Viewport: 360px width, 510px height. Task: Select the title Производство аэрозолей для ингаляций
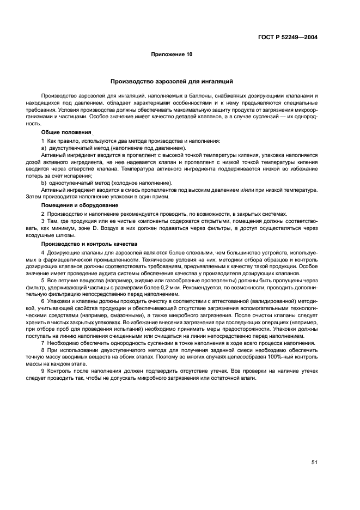(172, 81)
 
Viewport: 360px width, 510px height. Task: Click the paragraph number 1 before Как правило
(42, 141)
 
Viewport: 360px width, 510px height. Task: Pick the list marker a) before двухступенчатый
(44, 148)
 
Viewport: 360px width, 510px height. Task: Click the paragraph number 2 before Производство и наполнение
(42, 214)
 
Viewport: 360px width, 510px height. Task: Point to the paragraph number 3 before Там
(42, 222)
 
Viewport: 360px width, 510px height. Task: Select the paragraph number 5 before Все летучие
(42, 280)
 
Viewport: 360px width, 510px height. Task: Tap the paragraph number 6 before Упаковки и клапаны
(42, 301)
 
